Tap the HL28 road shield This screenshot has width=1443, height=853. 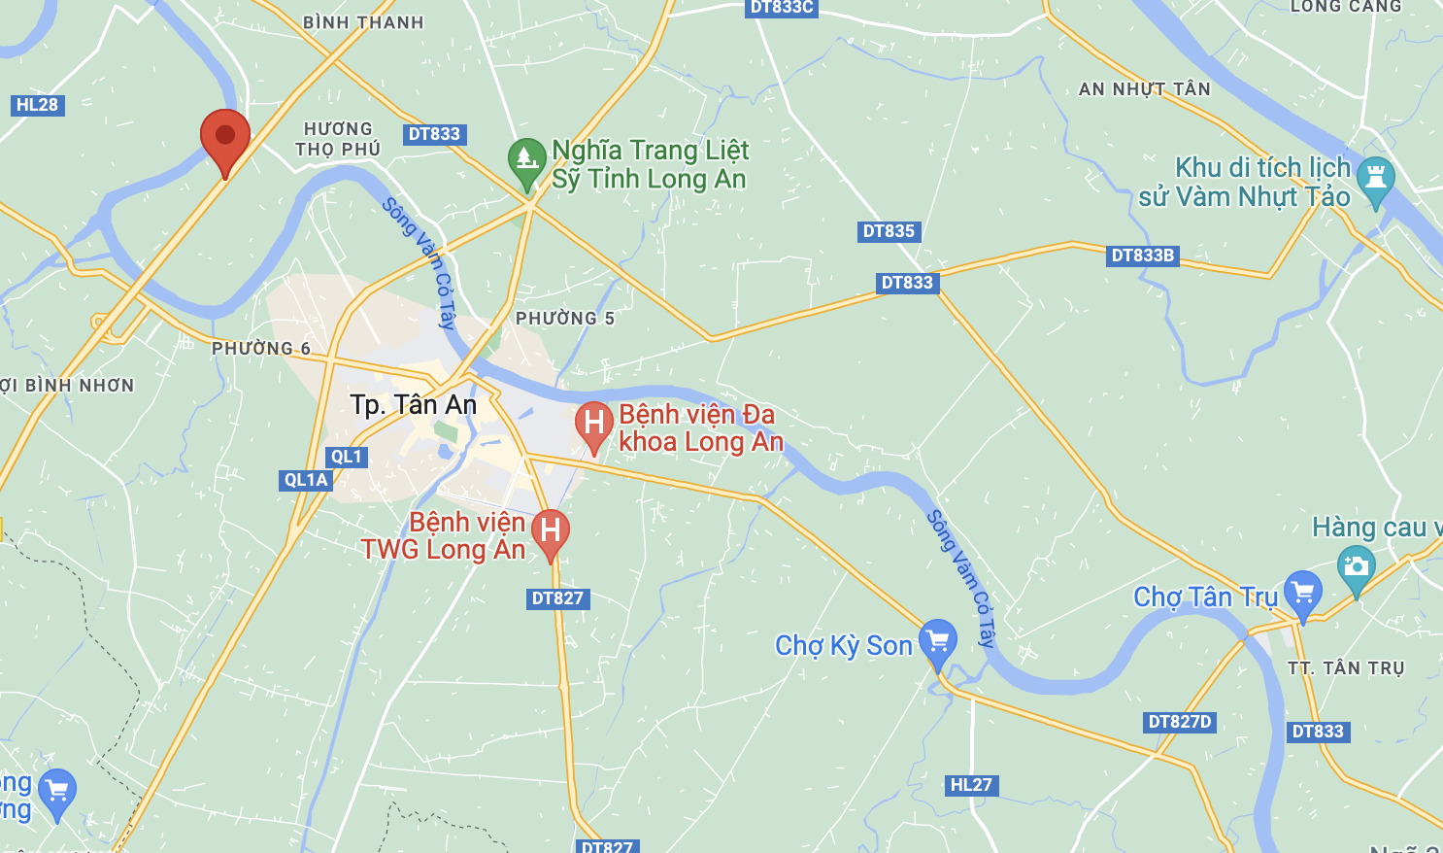38,105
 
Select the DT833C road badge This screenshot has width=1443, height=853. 782,8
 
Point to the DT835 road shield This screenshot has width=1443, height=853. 889,231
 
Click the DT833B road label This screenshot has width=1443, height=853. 1143,256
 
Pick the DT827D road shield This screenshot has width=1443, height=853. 1180,722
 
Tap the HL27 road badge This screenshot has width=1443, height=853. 971,785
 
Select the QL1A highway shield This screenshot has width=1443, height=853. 306,480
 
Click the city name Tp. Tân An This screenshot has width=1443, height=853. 414,405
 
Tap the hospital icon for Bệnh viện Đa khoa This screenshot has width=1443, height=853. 593,424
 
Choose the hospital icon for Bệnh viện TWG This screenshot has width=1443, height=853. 550,530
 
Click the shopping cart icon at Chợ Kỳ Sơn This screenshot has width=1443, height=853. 937,641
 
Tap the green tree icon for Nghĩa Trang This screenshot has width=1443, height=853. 526,158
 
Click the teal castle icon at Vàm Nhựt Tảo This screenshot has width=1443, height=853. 1375,177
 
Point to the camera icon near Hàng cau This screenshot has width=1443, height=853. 1356,566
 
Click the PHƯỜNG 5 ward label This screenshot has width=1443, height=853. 565,319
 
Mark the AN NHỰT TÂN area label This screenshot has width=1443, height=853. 1145,89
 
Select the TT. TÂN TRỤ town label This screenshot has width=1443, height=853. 1346,668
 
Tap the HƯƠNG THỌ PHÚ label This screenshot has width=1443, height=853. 338,139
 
